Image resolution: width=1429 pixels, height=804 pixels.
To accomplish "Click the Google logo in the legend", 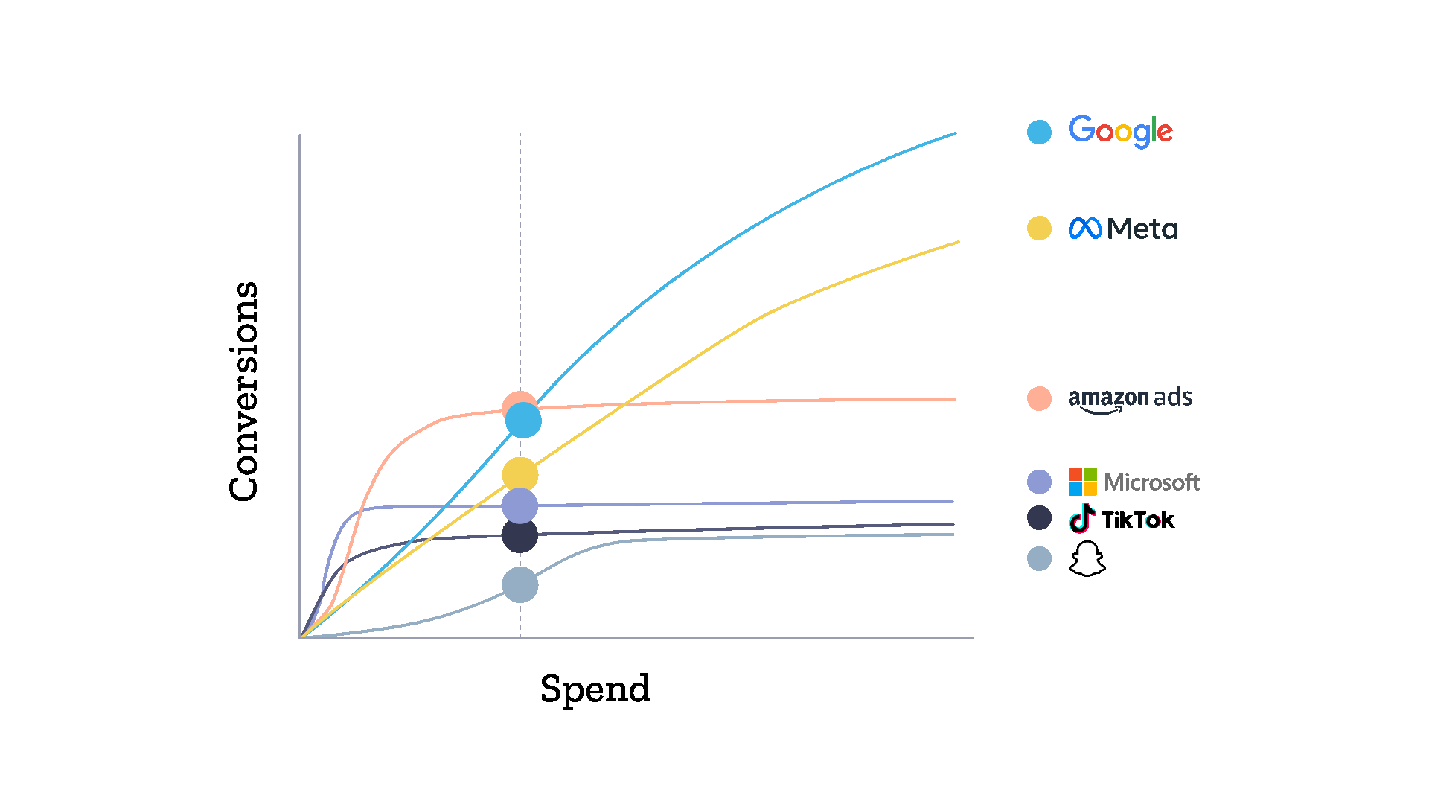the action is (x=1120, y=131).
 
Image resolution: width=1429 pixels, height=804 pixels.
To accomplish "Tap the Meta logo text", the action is (x=1142, y=229).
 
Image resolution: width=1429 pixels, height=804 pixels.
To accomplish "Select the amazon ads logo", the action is (x=1130, y=399).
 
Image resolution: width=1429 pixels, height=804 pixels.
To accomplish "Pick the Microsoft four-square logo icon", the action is (x=1082, y=482).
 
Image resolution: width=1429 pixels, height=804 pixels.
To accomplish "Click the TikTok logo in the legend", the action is (x=1121, y=518).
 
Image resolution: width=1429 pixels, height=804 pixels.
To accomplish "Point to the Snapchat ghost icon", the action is (x=1087, y=558).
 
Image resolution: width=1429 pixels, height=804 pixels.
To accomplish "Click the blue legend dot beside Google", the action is (x=1039, y=132).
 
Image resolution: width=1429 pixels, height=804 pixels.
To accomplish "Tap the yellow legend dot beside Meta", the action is (x=1039, y=228).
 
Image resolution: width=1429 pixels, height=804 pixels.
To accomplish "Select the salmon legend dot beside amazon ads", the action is (x=1039, y=398).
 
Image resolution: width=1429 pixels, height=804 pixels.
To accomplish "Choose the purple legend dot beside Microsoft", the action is (x=1039, y=482).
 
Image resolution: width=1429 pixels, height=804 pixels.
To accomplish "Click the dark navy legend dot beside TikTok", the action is (x=1039, y=517).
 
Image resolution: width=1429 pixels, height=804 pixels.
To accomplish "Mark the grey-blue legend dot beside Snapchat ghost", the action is (x=1039, y=558).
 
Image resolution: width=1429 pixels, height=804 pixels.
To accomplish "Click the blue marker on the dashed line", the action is (x=523, y=421).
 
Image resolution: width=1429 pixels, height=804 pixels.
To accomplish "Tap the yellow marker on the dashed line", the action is (x=520, y=475).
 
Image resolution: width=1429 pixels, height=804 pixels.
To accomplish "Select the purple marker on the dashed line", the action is (x=520, y=506).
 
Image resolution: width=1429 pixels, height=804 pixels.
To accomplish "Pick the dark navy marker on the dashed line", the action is (x=520, y=535).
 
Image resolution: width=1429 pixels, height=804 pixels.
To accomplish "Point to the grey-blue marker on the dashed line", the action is (x=520, y=585).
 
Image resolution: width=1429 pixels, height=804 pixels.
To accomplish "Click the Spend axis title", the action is (x=595, y=689).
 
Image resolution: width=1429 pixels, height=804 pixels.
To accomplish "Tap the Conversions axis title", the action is (x=244, y=392).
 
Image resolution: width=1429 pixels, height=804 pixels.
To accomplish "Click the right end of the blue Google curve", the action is (x=956, y=133).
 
